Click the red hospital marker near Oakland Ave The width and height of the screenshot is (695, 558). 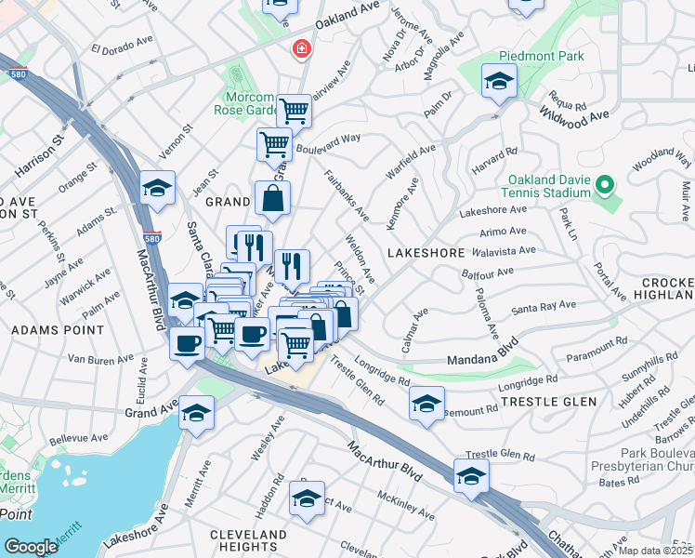point(302,48)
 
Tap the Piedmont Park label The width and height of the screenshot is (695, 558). point(542,57)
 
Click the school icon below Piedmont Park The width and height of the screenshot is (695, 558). point(499,82)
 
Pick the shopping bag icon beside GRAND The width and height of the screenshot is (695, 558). point(272,199)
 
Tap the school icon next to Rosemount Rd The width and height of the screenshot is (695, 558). point(426,404)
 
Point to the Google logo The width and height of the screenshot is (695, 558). point(31,547)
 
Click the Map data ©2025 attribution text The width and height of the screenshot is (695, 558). point(655,551)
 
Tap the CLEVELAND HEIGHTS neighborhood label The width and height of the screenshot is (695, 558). point(248,541)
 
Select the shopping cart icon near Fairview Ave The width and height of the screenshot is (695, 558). point(294,112)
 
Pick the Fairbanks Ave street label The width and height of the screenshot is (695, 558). point(346,195)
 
